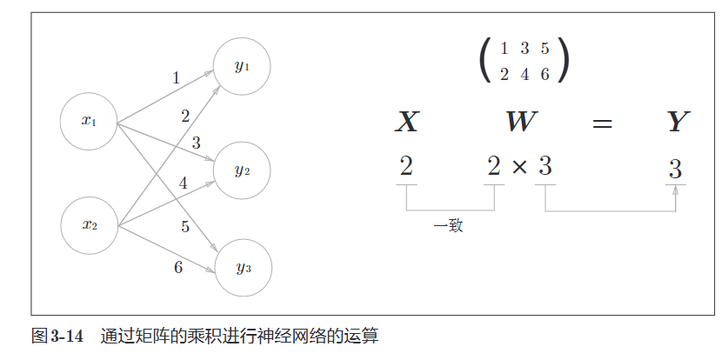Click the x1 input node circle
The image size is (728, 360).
point(89,121)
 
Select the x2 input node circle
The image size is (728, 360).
point(89,225)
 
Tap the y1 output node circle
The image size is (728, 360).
point(242,67)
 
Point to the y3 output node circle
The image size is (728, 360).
point(243,268)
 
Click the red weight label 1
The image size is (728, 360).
point(176,78)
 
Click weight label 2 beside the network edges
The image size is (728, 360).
point(185,116)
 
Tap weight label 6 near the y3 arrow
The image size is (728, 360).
point(178,267)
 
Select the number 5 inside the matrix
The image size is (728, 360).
point(544,49)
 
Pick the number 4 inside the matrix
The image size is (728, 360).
point(524,74)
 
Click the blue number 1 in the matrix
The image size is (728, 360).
point(504,49)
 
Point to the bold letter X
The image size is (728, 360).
point(407,123)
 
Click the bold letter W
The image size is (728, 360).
point(521,123)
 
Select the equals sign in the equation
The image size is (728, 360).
point(602,123)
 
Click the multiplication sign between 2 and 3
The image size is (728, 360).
point(520,166)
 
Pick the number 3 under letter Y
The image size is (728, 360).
point(675,169)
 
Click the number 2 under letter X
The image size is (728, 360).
point(405,165)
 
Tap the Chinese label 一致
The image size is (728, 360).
point(448,226)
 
